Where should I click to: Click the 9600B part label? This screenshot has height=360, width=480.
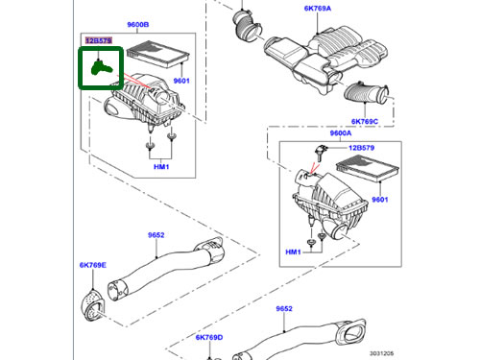pos(138,25)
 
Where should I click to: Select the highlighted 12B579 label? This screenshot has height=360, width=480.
pos(99,40)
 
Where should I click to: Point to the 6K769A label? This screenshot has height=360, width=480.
pos(318,9)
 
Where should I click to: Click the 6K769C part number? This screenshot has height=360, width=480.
pos(365,122)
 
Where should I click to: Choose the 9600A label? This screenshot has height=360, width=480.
pos(341,133)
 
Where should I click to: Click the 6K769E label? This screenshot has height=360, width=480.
pos(93,265)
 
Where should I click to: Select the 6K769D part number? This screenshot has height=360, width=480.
pos(209,337)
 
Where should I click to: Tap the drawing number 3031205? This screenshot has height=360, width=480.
pos(382,353)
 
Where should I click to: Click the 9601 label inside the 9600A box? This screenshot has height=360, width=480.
pos(380,200)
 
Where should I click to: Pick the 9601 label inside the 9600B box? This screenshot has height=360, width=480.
pos(181,81)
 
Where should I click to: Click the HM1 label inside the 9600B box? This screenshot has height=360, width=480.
pos(161,167)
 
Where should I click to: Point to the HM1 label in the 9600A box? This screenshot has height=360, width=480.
pos(293,252)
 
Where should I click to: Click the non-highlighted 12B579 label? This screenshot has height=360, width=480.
pos(361,148)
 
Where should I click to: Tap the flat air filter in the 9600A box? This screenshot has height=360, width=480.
pos(368,169)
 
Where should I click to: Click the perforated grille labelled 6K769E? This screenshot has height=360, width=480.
pos(93,305)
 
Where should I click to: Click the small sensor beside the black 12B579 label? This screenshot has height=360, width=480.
pos(322,152)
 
